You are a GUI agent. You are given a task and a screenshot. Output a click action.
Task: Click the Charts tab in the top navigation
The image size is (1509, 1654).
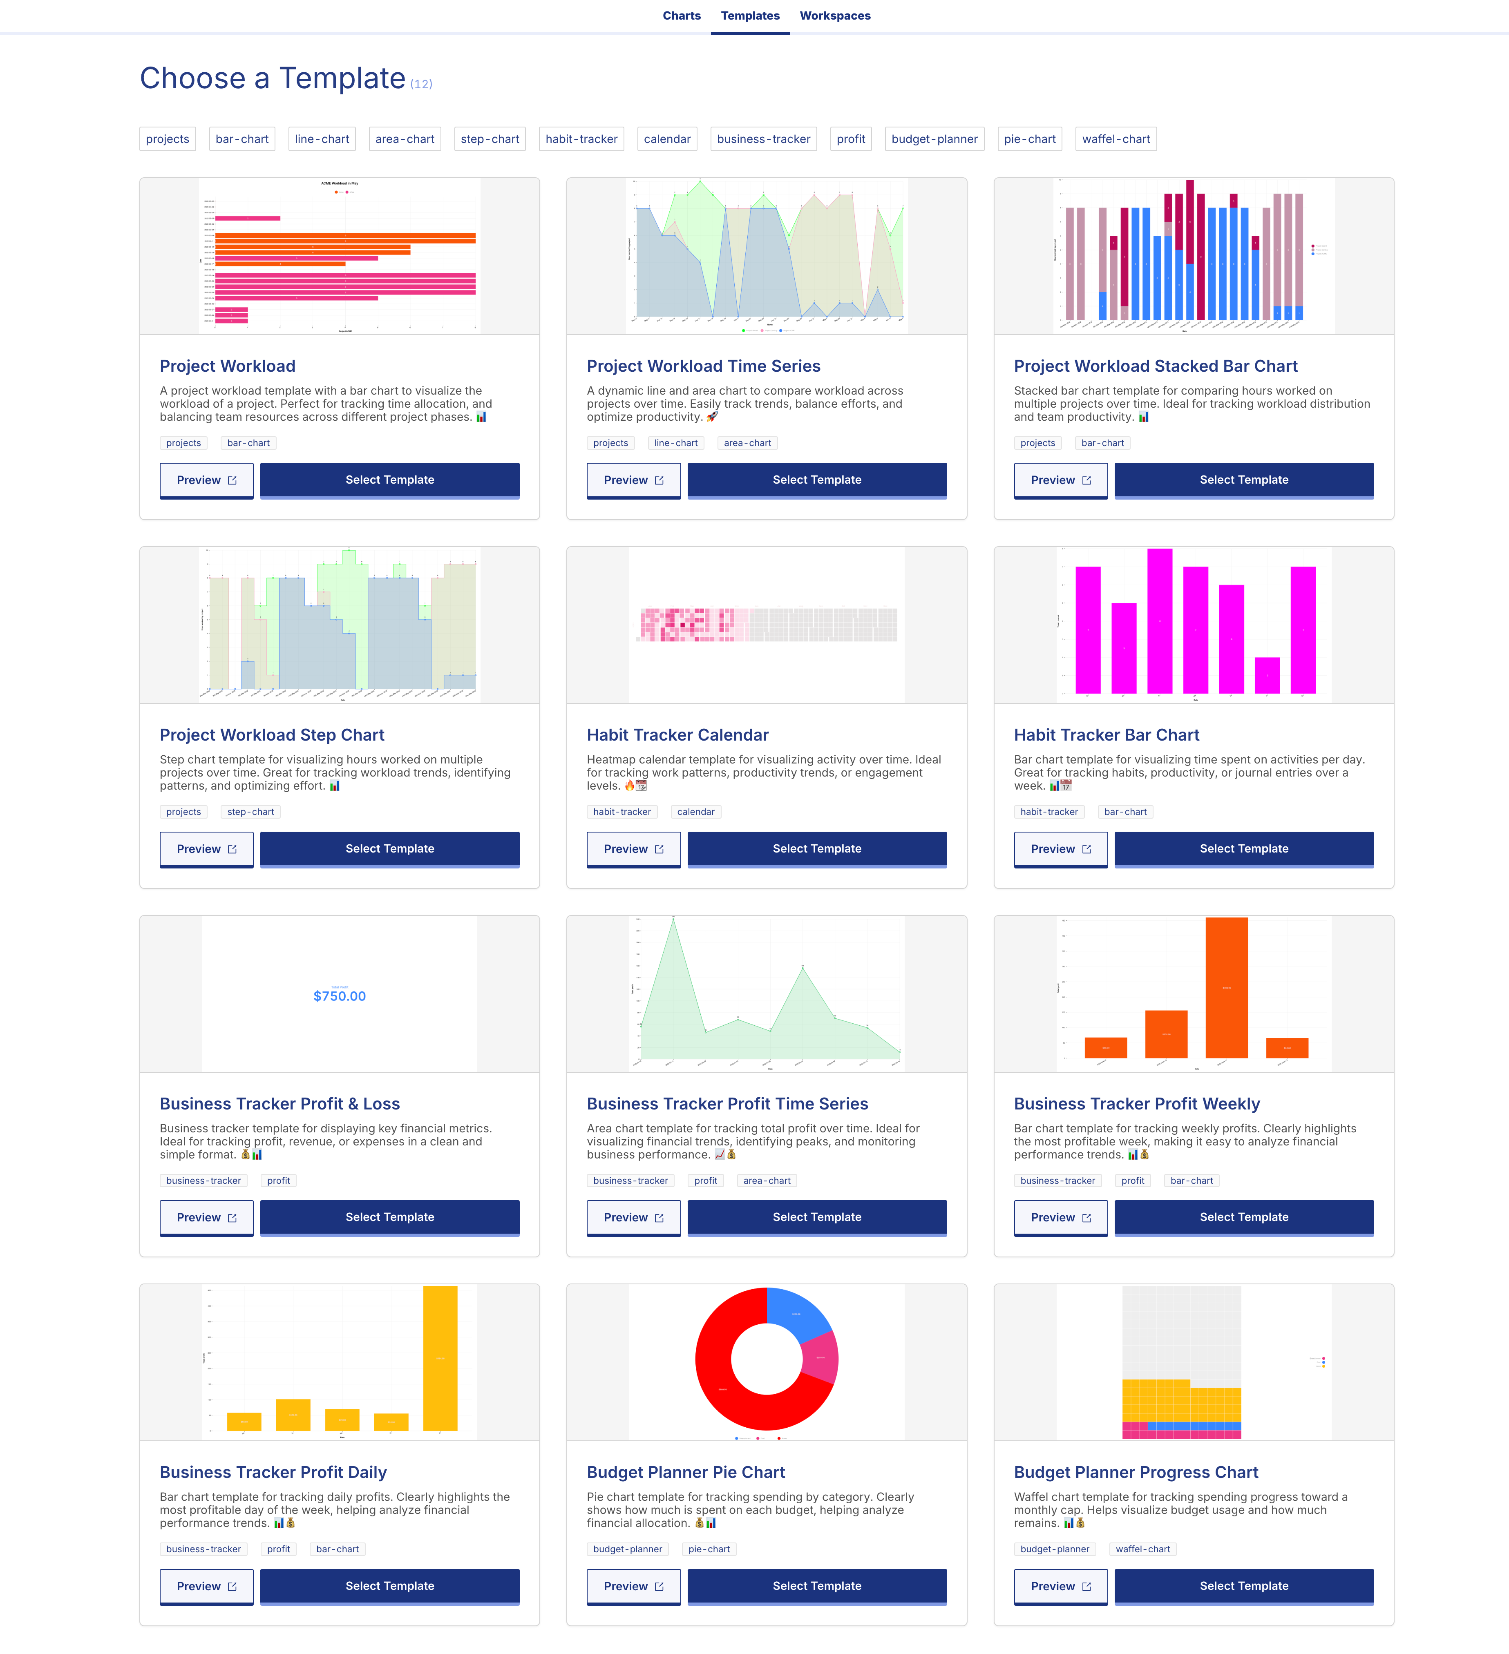pyautogui.click(x=681, y=16)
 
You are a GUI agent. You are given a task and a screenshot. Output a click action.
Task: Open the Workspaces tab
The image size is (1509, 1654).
pyautogui.click(x=834, y=16)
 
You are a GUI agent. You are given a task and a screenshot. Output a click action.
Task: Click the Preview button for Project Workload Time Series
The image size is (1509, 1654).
pyautogui.click(x=633, y=480)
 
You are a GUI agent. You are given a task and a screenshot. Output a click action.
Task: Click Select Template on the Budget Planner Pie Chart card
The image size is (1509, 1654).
pyautogui.click(x=816, y=1586)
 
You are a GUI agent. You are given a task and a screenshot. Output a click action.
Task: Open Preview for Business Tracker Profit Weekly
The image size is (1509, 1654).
pyautogui.click(x=1060, y=1218)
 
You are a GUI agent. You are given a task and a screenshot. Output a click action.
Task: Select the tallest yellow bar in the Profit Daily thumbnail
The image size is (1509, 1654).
pyautogui.click(x=440, y=1358)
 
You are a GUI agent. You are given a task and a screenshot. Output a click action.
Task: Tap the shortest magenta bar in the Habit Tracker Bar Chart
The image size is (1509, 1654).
pyautogui.click(x=1267, y=675)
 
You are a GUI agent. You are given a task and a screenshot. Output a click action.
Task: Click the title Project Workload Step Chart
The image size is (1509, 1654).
pyautogui.click(x=272, y=735)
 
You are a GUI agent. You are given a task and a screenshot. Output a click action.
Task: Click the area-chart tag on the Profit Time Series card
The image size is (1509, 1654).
pyautogui.click(x=767, y=1181)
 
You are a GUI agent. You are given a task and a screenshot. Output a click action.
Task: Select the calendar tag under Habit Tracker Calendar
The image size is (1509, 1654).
pyautogui.click(x=695, y=812)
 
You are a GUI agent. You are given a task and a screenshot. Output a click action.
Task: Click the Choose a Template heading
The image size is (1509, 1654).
pyautogui.click(x=273, y=79)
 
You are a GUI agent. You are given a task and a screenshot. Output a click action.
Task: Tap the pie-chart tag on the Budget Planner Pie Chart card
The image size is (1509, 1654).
pyautogui.click(x=708, y=1549)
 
